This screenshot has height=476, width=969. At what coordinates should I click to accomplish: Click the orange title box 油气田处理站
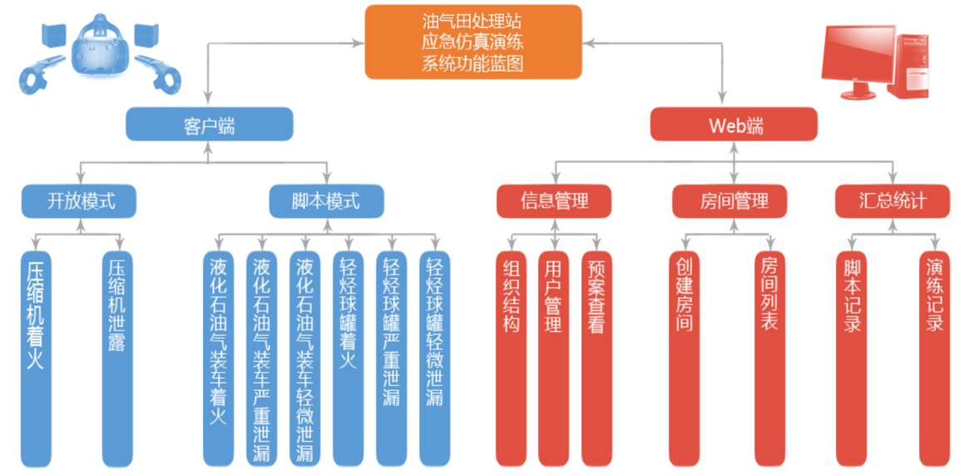point(472,42)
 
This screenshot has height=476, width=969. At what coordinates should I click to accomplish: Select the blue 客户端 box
point(209,126)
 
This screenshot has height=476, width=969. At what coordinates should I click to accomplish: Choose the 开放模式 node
point(79,201)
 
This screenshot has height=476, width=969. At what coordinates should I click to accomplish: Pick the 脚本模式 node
point(326,201)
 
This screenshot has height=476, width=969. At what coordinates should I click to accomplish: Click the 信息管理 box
point(554,201)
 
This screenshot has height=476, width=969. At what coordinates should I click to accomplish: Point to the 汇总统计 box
point(892,201)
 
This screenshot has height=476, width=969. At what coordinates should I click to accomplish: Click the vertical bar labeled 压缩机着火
point(36,358)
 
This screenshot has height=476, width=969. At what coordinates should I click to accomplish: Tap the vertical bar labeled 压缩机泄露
point(117,358)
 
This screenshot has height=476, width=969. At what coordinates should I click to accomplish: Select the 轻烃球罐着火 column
point(348,358)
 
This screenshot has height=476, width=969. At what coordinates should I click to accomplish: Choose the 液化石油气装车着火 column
point(218,358)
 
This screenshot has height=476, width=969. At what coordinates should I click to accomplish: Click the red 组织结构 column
point(511,358)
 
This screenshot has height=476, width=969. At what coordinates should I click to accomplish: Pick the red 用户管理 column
point(553,358)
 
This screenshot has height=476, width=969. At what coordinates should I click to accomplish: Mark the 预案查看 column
point(596,358)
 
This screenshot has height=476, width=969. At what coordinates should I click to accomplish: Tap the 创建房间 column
point(684,358)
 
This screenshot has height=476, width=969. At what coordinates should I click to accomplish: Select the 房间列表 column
point(770,358)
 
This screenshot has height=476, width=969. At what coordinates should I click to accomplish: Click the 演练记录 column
point(935,358)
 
